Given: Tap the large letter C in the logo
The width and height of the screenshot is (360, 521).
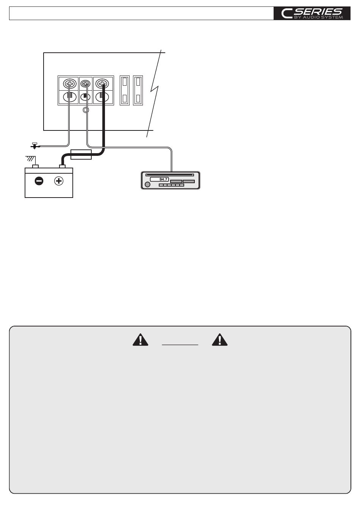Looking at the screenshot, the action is [286, 14].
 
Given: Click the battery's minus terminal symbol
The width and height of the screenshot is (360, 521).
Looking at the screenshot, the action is [39, 181].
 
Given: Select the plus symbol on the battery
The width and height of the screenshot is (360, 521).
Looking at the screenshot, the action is [59, 181].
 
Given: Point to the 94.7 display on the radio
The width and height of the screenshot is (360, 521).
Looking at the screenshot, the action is [159, 179].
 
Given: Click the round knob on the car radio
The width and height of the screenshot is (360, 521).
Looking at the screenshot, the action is [147, 185].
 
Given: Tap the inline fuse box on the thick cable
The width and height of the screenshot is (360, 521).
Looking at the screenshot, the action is [81, 154].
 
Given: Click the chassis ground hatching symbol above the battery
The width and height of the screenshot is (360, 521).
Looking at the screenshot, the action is [30, 159].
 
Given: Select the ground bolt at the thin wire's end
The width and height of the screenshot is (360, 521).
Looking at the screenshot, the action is [34, 145].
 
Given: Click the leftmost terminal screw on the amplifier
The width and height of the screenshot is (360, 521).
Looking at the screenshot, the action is [69, 83].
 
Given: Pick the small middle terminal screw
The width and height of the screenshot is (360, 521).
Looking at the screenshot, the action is [86, 83].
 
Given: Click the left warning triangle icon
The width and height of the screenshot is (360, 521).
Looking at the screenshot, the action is [140, 340].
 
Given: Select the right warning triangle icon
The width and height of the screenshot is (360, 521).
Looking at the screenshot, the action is [220, 340].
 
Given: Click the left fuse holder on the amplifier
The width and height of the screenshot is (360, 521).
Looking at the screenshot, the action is [125, 90].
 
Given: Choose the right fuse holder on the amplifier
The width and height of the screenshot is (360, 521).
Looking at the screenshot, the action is [138, 90].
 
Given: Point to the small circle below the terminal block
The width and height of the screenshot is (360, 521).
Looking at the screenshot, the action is [86, 110].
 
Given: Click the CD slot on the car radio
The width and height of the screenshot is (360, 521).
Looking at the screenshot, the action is [170, 175].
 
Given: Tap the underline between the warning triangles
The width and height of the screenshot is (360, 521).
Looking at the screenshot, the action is [180, 345].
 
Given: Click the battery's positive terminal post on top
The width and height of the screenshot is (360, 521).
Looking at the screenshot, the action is [62, 166].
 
